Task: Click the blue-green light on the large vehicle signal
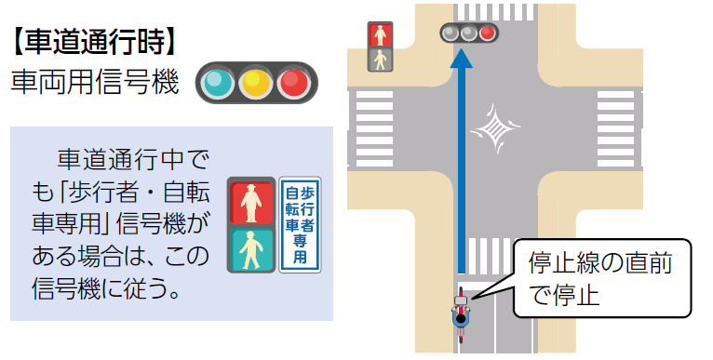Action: click(217, 83)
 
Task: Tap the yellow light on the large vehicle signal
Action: click(255, 83)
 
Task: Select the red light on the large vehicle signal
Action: click(294, 83)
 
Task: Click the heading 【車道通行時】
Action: click(93, 41)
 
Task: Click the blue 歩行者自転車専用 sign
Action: click(300, 224)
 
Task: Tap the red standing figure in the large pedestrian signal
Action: click(251, 201)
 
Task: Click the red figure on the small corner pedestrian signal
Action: click(380, 35)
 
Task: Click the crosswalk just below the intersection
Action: click(494, 252)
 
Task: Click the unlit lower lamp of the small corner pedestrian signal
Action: click(380, 60)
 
